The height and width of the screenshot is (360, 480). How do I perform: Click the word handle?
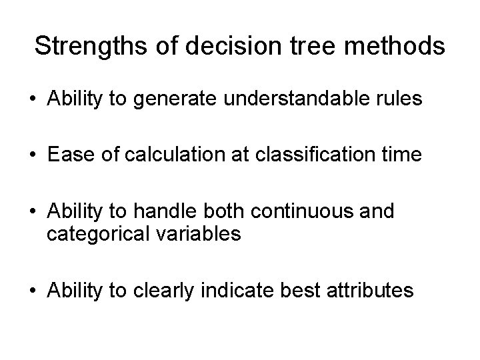pos(157,212)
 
